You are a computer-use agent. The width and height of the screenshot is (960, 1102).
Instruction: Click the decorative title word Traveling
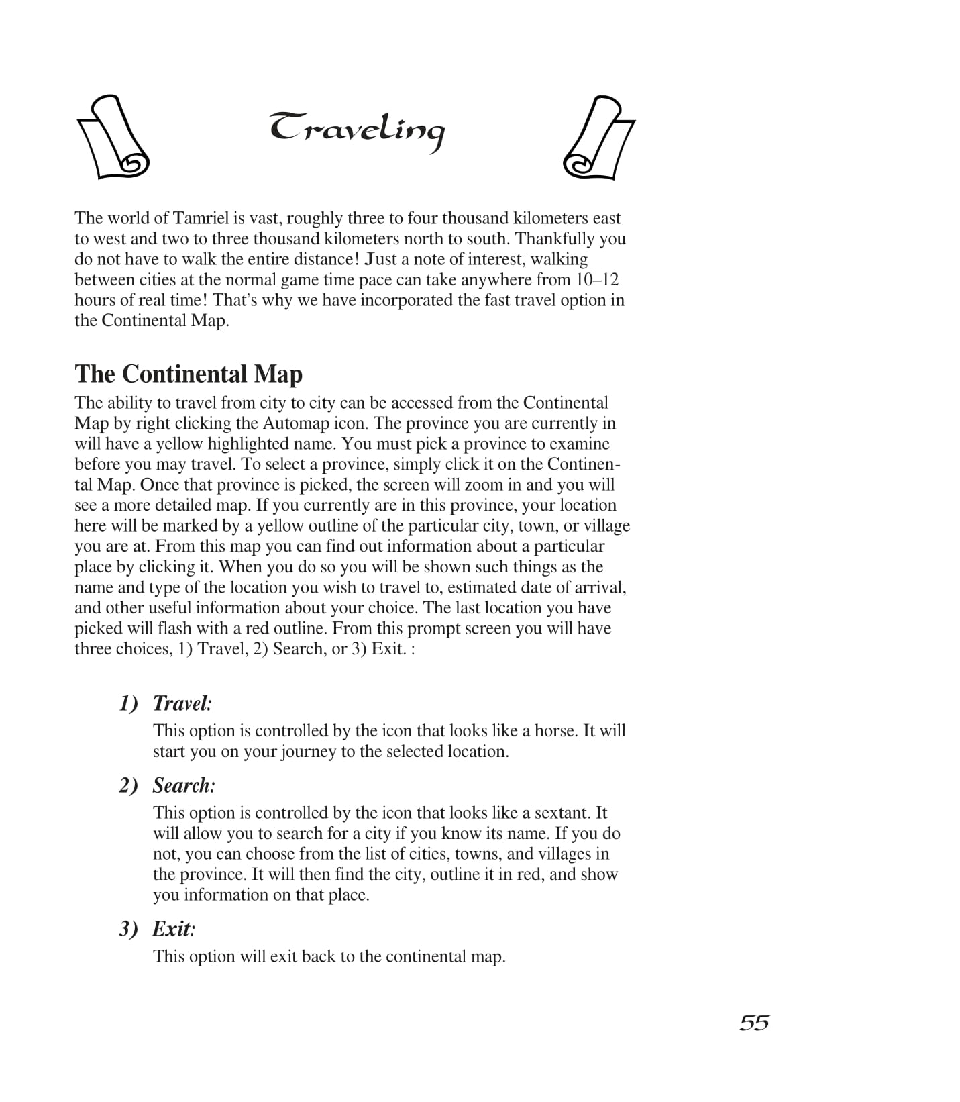pyautogui.click(x=357, y=131)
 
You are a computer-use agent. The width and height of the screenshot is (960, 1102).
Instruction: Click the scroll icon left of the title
pyautogui.click(x=113, y=137)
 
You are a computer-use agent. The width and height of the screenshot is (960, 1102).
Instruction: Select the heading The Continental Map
pyautogui.click(x=189, y=374)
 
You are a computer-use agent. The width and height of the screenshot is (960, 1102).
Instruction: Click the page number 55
pyautogui.click(x=754, y=1023)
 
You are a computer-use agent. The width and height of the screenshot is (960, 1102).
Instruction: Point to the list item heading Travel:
pyautogui.click(x=182, y=703)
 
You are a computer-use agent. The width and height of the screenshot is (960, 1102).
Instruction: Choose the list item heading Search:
pyautogui.click(x=184, y=785)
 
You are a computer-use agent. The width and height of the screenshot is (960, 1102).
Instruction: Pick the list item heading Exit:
pyautogui.click(x=174, y=929)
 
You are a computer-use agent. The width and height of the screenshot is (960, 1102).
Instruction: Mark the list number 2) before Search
pyautogui.click(x=129, y=785)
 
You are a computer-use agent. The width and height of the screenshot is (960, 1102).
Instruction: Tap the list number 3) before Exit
pyautogui.click(x=129, y=929)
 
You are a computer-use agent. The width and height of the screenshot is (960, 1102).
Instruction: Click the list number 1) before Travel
pyautogui.click(x=129, y=703)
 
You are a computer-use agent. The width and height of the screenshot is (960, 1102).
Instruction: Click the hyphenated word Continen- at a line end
pyautogui.click(x=584, y=464)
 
